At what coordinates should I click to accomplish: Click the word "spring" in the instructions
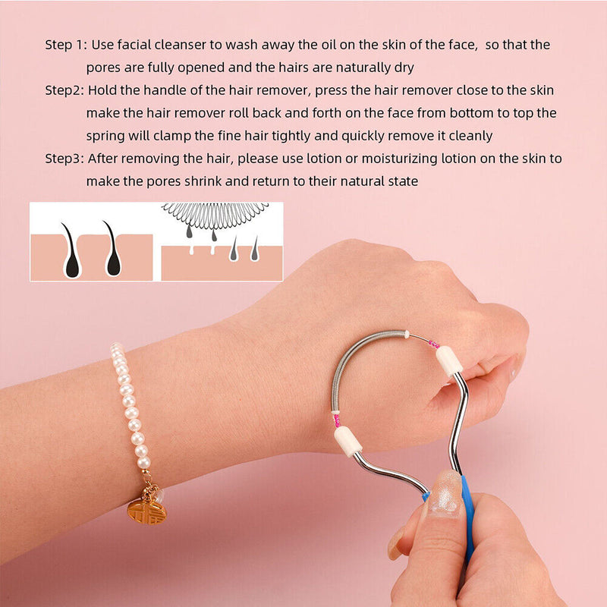click(x=105, y=136)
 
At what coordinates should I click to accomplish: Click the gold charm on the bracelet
click(x=146, y=511)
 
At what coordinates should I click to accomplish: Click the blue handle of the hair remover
click(x=467, y=516)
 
